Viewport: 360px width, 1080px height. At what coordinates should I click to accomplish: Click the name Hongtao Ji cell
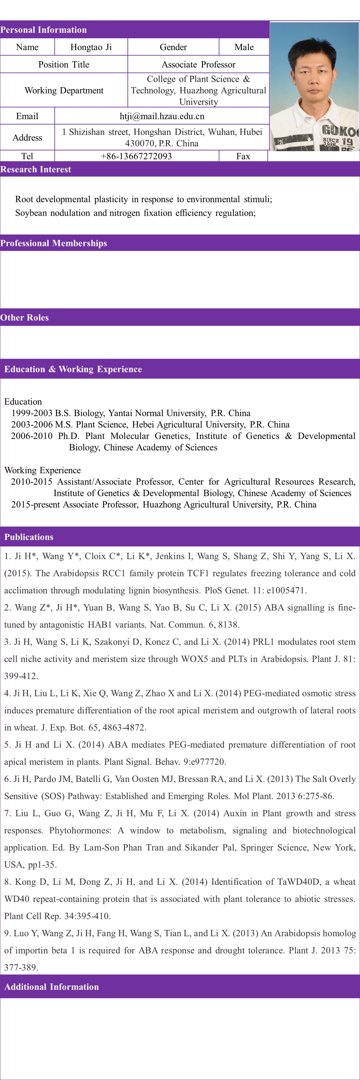(x=91, y=47)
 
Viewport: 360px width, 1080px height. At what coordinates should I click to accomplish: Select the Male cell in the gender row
(x=244, y=47)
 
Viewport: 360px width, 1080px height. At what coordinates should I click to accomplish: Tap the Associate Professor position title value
(x=198, y=65)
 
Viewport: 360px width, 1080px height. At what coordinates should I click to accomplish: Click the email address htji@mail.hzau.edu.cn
(x=162, y=116)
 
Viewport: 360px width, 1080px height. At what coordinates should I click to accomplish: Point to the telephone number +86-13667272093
(x=136, y=156)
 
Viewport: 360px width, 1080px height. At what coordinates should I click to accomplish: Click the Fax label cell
(x=243, y=156)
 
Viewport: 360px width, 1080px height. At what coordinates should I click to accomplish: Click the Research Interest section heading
(x=36, y=169)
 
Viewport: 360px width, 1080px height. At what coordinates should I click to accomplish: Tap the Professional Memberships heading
(x=54, y=243)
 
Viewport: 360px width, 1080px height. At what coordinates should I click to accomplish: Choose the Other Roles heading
(x=24, y=317)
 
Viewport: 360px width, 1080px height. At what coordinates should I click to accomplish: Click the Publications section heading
(x=29, y=537)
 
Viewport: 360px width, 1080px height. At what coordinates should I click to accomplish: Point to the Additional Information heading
(x=51, y=987)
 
